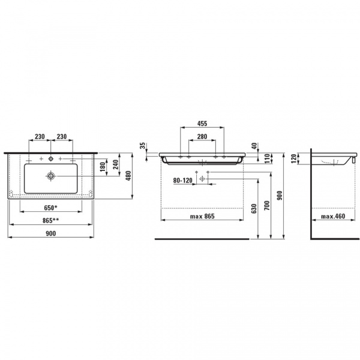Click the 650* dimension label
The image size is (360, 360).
50,208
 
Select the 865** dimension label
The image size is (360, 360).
50,221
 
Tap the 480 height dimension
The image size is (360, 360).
128,176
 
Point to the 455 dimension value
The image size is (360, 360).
202,124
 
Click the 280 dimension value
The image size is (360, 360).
202,137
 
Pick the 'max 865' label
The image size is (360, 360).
202,216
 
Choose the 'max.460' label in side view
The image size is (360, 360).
333,216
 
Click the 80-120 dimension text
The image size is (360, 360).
183,181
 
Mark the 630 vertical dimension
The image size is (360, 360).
254,208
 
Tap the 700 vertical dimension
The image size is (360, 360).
267,205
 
